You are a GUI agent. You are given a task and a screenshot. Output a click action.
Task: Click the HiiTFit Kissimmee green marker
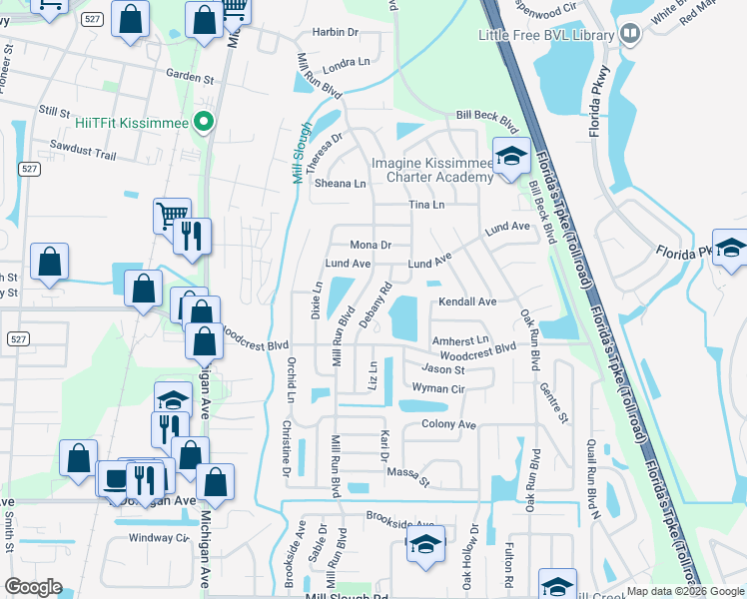(205, 123)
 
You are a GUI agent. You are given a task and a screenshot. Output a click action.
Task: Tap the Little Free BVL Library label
(545, 35)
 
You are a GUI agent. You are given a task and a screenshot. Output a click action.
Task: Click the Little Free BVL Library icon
(629, 34)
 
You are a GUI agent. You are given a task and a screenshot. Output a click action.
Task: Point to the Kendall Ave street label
(466, 301)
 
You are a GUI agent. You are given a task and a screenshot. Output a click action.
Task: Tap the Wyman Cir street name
(438, 388)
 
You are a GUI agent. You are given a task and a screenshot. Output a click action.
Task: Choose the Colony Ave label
(449, 424)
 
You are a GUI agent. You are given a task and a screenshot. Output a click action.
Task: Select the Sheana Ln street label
(341, 184)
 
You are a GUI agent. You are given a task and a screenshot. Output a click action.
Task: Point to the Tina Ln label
(425, 205)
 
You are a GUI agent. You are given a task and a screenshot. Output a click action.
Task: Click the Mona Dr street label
(371, 245)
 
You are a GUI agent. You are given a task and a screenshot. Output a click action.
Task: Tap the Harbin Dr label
(335, 32)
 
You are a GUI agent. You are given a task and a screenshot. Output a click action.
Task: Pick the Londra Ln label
(347, 61)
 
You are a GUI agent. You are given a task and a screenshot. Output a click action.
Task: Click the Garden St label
(191, 75)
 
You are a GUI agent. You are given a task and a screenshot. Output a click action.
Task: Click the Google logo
(33, 587)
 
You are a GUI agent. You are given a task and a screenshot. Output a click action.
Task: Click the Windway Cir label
(159, 538)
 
